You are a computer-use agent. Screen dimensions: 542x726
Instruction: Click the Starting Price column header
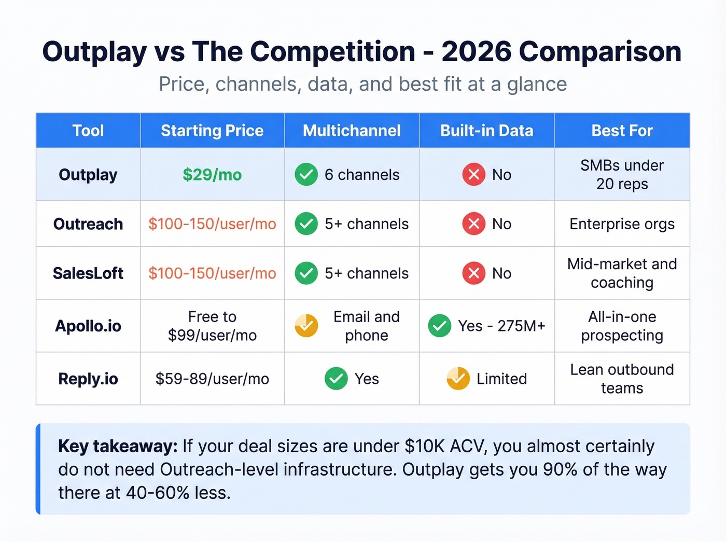[212, 131]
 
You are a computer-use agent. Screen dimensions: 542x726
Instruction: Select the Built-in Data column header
[486, 131]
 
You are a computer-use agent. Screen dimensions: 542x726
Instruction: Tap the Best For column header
[622, 131]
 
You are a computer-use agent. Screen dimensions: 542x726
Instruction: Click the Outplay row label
[88, 175]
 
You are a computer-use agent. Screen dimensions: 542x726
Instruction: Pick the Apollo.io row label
[88, 326]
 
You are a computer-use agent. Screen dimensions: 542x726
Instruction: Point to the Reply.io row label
[88, 379]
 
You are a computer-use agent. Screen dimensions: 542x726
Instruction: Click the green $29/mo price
[212, 175]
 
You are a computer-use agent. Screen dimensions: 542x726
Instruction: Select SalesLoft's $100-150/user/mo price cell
[212, 273]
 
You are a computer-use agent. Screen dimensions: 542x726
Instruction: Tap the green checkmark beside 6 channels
[306, 175]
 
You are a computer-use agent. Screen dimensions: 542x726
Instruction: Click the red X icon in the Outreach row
[473, 224]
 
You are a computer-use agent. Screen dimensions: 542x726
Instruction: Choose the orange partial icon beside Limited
[458, 379]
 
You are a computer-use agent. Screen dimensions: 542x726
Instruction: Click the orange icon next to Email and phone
[306, 326]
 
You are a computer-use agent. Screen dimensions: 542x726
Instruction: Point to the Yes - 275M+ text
[501, 326]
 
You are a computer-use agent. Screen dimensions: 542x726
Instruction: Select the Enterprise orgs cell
[622, 224]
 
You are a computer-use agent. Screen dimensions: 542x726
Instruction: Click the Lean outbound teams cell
[622, 379]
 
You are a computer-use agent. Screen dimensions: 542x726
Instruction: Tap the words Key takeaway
[118, 446]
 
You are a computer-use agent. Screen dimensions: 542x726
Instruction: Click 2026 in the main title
[476, 52]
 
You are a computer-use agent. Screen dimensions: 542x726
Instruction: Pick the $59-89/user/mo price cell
[212, 379]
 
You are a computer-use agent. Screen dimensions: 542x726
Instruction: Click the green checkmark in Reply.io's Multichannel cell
[336, 379]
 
